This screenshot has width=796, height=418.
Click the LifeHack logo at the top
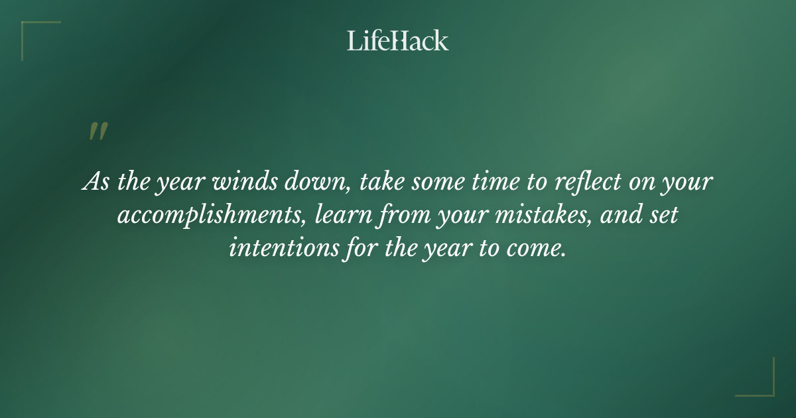[x=398, y=40]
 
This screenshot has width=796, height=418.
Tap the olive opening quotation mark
[x=98, y=131]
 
